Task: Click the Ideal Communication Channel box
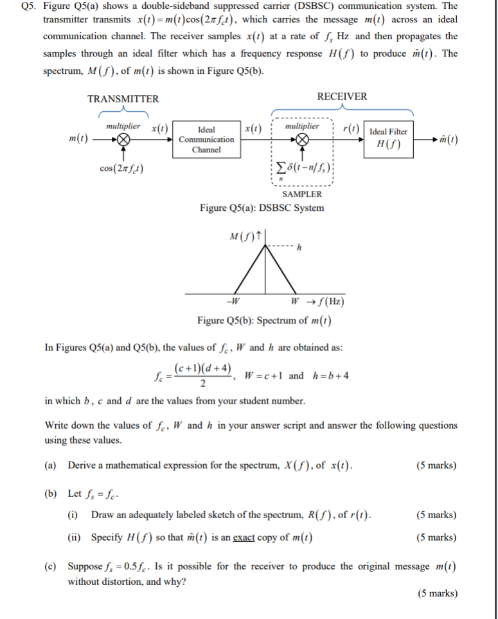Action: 206,139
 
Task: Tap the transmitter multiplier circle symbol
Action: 124,140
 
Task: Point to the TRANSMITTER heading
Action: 123,99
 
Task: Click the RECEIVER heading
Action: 342,96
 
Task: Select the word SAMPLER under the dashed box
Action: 302,193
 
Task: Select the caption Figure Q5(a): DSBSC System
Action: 262,208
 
